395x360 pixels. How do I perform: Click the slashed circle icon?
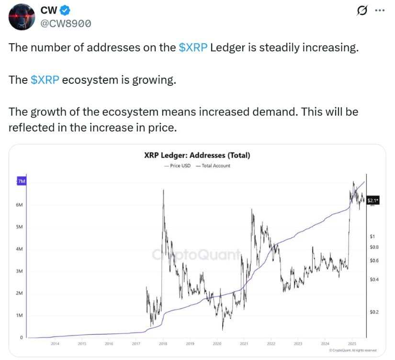pyautogui.click(x=362, y=11)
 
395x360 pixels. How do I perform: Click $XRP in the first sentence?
pyautogui.click(x=193, y=49)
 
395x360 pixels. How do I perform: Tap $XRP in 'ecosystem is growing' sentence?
pyautogui.click(x=45, y=80)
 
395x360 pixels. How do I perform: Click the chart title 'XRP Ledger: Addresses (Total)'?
pyautogui.click(x=197, y=155)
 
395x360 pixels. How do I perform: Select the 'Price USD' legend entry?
pyautogui.click(x=177, y=165)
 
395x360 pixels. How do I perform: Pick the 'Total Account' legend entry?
pyautogui.click(x=213, y=165)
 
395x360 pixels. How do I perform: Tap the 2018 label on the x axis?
pyautogui.click(x=163, y=344)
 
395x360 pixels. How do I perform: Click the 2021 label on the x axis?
pyautogui.click(x=244, y=344)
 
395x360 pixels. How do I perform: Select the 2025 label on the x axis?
pyautogui.click(x=352, y=344)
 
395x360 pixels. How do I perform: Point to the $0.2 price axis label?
pyautogui.click(x=374, y=312)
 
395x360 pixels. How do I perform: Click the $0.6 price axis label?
pyautogui.click(x=374, y=261)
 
